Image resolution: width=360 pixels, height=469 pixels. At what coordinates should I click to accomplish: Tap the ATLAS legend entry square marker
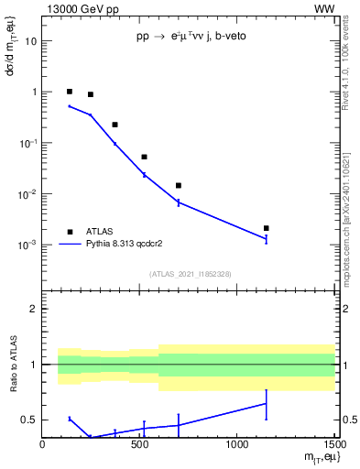[x=70, y=232]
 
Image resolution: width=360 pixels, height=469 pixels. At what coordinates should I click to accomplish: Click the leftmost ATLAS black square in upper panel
[x=70, y=92]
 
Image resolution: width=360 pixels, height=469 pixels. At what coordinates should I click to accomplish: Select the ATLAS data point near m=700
[x=179, y=186]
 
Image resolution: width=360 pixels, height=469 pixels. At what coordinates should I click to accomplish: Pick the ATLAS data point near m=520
[x=144, y=157]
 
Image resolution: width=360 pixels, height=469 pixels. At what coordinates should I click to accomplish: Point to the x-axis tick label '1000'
[x=237, y=444]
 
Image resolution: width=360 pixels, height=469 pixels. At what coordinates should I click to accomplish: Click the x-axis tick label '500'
[x=140, y=444]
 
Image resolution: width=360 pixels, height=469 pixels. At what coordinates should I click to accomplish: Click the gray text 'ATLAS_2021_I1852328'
[x=189, y=274]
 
